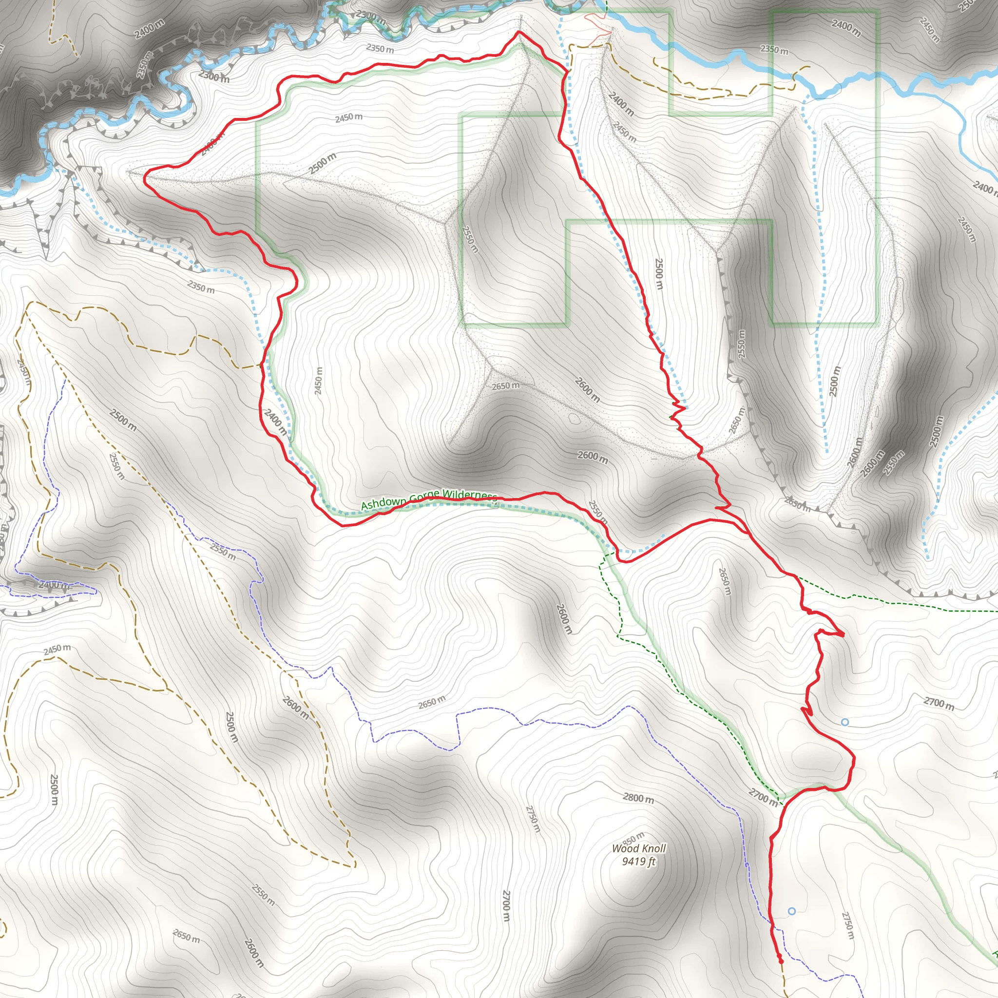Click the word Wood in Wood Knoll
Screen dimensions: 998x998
click(x=625, y=849)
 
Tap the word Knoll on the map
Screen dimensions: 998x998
click(x=653, y=848)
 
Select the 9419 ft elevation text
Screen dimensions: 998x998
click(x=638, y=861)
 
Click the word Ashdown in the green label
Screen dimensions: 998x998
click(x=384, y=503)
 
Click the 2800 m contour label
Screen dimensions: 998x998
click(x=638, y=798)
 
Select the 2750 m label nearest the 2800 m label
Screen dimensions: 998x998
click(x=533, y=819)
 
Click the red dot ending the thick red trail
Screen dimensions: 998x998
click(x=780, y=961)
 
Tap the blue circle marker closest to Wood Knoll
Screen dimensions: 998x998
click(x=792, y=911)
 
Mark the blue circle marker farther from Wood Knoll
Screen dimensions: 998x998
click(x=844, y=722)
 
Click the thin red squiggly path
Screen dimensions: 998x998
click(x=599, y=26)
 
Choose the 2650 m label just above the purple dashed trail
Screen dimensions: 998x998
click(x=431, y=702)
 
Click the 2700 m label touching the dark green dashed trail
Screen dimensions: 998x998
click(x=763, y=797)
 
